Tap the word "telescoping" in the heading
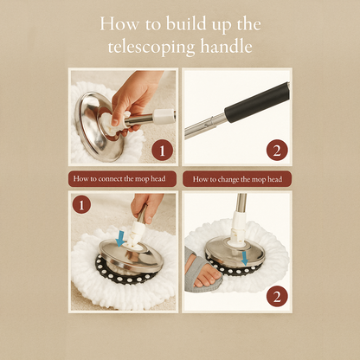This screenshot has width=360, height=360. click(x=153, y=47)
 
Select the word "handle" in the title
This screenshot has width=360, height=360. click(x=227, y=47)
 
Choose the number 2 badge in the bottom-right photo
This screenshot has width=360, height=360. click(x=275, y=295)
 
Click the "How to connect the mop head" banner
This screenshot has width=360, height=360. click(x=122, y=179)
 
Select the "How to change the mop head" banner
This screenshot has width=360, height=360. click(x=236, y=179)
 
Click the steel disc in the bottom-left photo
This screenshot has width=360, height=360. click(x=130, y=260)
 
